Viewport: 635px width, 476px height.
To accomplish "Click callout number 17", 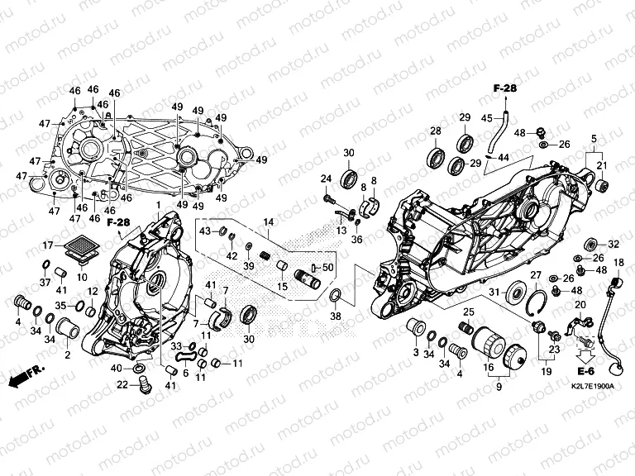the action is click(x=48, y=245).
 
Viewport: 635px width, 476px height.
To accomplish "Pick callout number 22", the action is click(x=122, y=384).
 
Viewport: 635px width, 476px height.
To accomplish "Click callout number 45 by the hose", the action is click(x=487, y=117).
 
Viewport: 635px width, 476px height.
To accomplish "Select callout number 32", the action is click(x=614, y=245).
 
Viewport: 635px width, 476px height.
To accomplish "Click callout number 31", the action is click(x=494, y=293).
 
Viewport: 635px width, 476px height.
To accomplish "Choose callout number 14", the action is click(x=267, y=223).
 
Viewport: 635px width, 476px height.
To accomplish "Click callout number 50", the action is click(x=327, y=267).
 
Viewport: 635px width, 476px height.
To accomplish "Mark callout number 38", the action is click(x=335, y=317).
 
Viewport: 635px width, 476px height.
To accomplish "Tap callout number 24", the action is click(x=326, y=178).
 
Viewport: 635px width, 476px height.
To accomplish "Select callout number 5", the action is click(x=592, y=136).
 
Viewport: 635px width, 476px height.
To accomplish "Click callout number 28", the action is click(x=435, y=132).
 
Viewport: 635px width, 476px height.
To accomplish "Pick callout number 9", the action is click(x=498, y=386).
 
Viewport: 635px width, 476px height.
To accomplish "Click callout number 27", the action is click(x=535, y=275).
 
